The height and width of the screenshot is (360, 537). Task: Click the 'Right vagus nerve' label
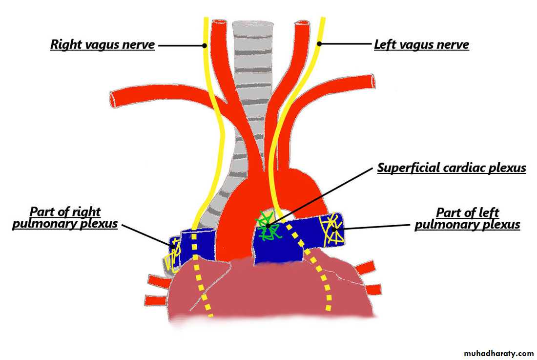click(x=103, y=45)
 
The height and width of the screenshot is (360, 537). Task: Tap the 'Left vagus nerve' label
click(x=421, y=45)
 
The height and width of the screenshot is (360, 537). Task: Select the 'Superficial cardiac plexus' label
click(x=451, y=168)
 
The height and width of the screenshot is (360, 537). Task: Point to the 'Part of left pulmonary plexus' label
click(x=467, y=218)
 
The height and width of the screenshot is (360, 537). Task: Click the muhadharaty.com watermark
click(x=498, y=353)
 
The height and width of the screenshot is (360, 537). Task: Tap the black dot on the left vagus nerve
click(x=319, y=44)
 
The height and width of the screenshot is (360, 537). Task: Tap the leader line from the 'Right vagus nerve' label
click(x=181, y=45)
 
